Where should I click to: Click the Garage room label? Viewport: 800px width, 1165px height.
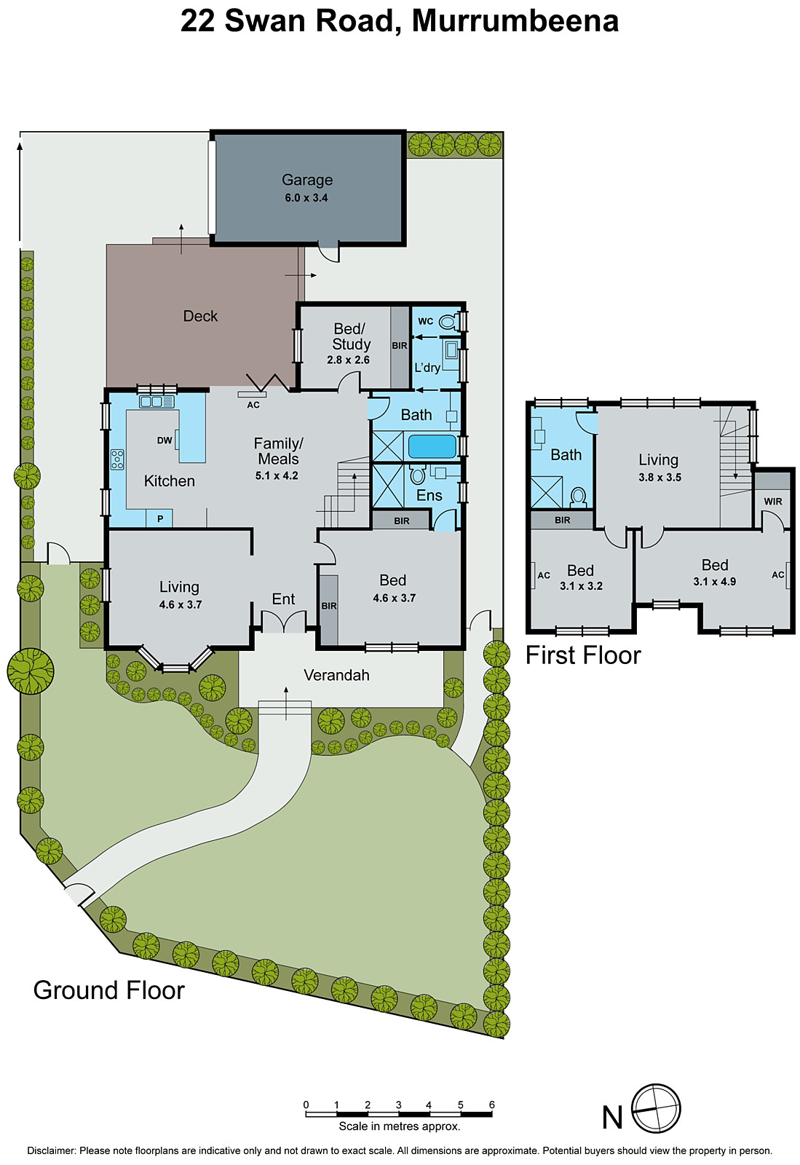click(x=307, y=180)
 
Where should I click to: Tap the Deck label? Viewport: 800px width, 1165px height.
click(x=200, y=316)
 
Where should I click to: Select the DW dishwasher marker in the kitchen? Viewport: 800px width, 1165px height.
click(x=165, y=441)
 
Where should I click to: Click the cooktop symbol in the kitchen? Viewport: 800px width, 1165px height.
click(x=117, y=459)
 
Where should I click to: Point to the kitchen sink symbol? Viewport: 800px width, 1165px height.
click(x=157, y=402)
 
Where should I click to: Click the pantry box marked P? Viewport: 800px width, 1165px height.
click(x=160, y=518)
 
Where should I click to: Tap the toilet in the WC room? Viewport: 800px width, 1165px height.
click(x=449, y=321)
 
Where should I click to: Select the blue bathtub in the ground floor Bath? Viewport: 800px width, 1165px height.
click(x=432, y=446)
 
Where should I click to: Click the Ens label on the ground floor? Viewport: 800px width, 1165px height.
click(x=429, y=496)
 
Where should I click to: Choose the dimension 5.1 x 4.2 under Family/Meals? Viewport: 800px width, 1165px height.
click(x=277, y=476)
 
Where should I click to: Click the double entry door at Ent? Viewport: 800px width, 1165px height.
click(x=284, y=622)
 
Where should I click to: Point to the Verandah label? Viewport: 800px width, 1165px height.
click(x=336, y=676)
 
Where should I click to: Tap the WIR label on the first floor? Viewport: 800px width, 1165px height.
click(x=773, y=502)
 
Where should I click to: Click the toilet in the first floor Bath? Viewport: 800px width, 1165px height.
click(x=579, y=497)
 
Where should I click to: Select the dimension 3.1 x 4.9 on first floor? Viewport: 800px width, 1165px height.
click(x=714, y=582)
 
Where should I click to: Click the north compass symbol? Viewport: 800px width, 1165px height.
click(x=655, y=1109)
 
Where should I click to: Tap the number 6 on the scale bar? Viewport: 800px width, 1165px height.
click(x=491, y=1105)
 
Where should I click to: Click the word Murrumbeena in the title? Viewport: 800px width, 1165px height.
click(x=515, y=21)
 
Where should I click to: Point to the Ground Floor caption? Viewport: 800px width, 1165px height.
click(x=109, y=990)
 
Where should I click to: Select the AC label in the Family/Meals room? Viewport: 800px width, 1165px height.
click(x=253, y=405)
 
